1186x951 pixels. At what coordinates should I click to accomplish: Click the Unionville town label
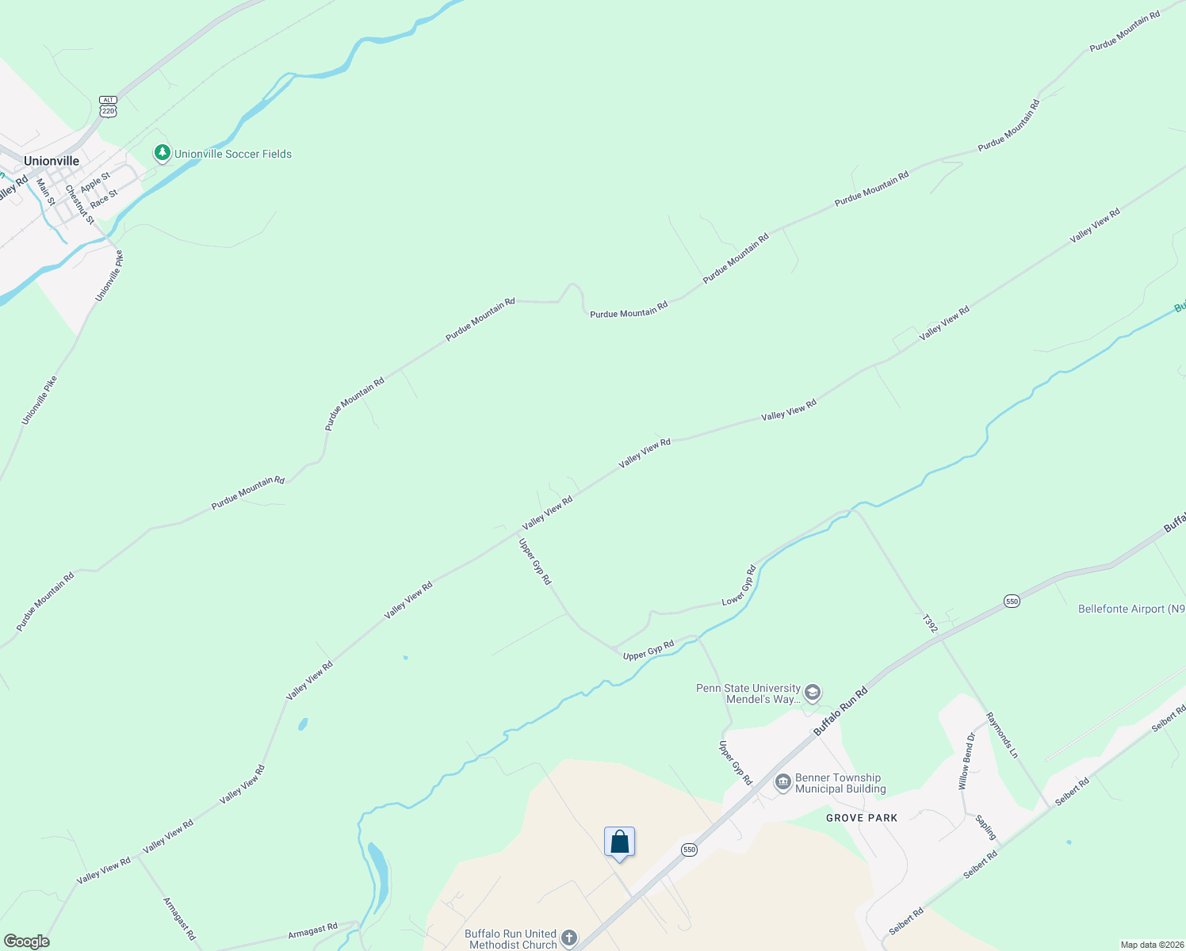point(52,161)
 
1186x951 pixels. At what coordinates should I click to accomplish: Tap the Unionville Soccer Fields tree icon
point(163,153)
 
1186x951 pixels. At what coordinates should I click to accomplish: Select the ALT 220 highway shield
point(109,107)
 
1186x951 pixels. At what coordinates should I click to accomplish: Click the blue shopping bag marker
point(619,842)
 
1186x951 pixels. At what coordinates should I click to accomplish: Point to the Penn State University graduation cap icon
point(813,693)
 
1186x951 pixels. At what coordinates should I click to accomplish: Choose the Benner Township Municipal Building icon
point(783,783)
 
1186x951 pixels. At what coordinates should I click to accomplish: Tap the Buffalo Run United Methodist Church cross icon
point(569,939)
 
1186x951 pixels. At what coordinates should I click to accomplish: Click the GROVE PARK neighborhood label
point(862,818)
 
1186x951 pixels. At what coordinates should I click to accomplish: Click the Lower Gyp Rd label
point(739,586)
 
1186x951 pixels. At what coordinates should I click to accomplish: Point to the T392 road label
point(931,623)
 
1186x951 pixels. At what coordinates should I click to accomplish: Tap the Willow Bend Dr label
point(966,761)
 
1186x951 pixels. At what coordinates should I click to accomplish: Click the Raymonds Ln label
point(1002,735)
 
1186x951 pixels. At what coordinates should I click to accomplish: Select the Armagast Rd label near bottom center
point(312,930)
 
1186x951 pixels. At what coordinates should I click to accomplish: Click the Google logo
point(27,941)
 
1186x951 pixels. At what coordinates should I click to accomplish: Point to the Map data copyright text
point(1151,945)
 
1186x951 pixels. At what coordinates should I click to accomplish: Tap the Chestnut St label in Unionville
point(79,204)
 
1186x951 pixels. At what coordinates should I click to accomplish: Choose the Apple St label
point(95,182)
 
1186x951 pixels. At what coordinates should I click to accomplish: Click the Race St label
point(104,199)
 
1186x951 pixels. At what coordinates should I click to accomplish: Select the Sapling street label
point(986,827)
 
